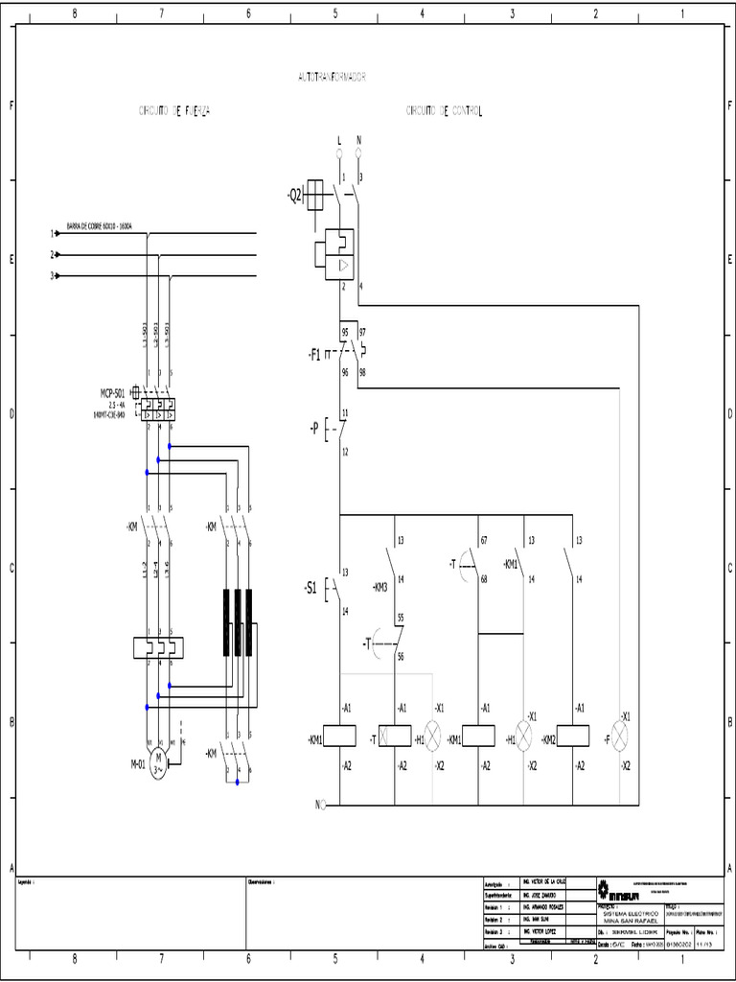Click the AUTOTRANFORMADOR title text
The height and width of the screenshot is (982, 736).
tap(333, 76)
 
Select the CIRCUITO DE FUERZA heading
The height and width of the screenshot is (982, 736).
tap(174, 111)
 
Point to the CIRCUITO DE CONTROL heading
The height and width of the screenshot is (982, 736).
tap(444, 111)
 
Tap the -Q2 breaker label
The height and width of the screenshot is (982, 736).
tap(293, 196)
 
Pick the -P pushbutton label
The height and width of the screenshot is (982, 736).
tap(313, 428)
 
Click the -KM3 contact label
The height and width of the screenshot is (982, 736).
tap(379, 587)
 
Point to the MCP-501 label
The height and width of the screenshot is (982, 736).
tap(113, 393)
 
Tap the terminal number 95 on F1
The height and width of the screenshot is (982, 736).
tap(345, 331)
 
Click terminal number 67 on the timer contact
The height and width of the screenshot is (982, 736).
tap(484, 541)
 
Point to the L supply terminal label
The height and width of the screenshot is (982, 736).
tap(338, 140)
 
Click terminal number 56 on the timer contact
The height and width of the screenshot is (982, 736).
tap(400, 656)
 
